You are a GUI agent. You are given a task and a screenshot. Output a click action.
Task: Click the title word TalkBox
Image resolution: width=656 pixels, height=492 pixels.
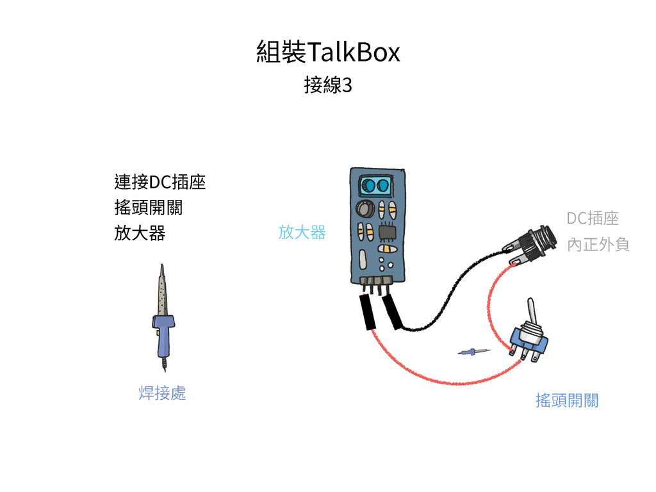[354, 52]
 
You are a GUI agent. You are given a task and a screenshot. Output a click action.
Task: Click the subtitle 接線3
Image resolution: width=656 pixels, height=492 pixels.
[328, 85]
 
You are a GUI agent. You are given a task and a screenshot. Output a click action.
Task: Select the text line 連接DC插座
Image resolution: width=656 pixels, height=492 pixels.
[160, 183]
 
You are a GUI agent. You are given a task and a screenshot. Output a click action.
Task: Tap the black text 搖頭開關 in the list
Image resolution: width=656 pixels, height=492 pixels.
[148, 208]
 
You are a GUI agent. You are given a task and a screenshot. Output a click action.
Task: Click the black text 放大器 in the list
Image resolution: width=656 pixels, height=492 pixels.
[139, 233]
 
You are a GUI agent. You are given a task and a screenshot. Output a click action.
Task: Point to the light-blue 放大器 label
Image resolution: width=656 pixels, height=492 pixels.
[302, 232]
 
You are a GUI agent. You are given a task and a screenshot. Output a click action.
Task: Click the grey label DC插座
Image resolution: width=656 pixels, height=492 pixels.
[593, 218]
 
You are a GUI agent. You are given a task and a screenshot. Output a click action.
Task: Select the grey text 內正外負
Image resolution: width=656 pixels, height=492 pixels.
[598, 244]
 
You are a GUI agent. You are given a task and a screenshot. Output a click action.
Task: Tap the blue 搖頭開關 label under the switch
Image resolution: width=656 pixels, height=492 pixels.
[567, 401]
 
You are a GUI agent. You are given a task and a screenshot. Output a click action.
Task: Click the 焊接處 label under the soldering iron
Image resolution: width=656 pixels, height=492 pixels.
[162, 393]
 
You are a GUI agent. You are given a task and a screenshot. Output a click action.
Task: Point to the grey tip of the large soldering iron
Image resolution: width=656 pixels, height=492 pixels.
[163, 291]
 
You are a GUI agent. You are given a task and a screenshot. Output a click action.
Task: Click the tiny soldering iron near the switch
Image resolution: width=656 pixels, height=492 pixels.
[473, 351]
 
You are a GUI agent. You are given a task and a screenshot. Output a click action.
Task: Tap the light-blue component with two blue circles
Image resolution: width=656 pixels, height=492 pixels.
[377, 186]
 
